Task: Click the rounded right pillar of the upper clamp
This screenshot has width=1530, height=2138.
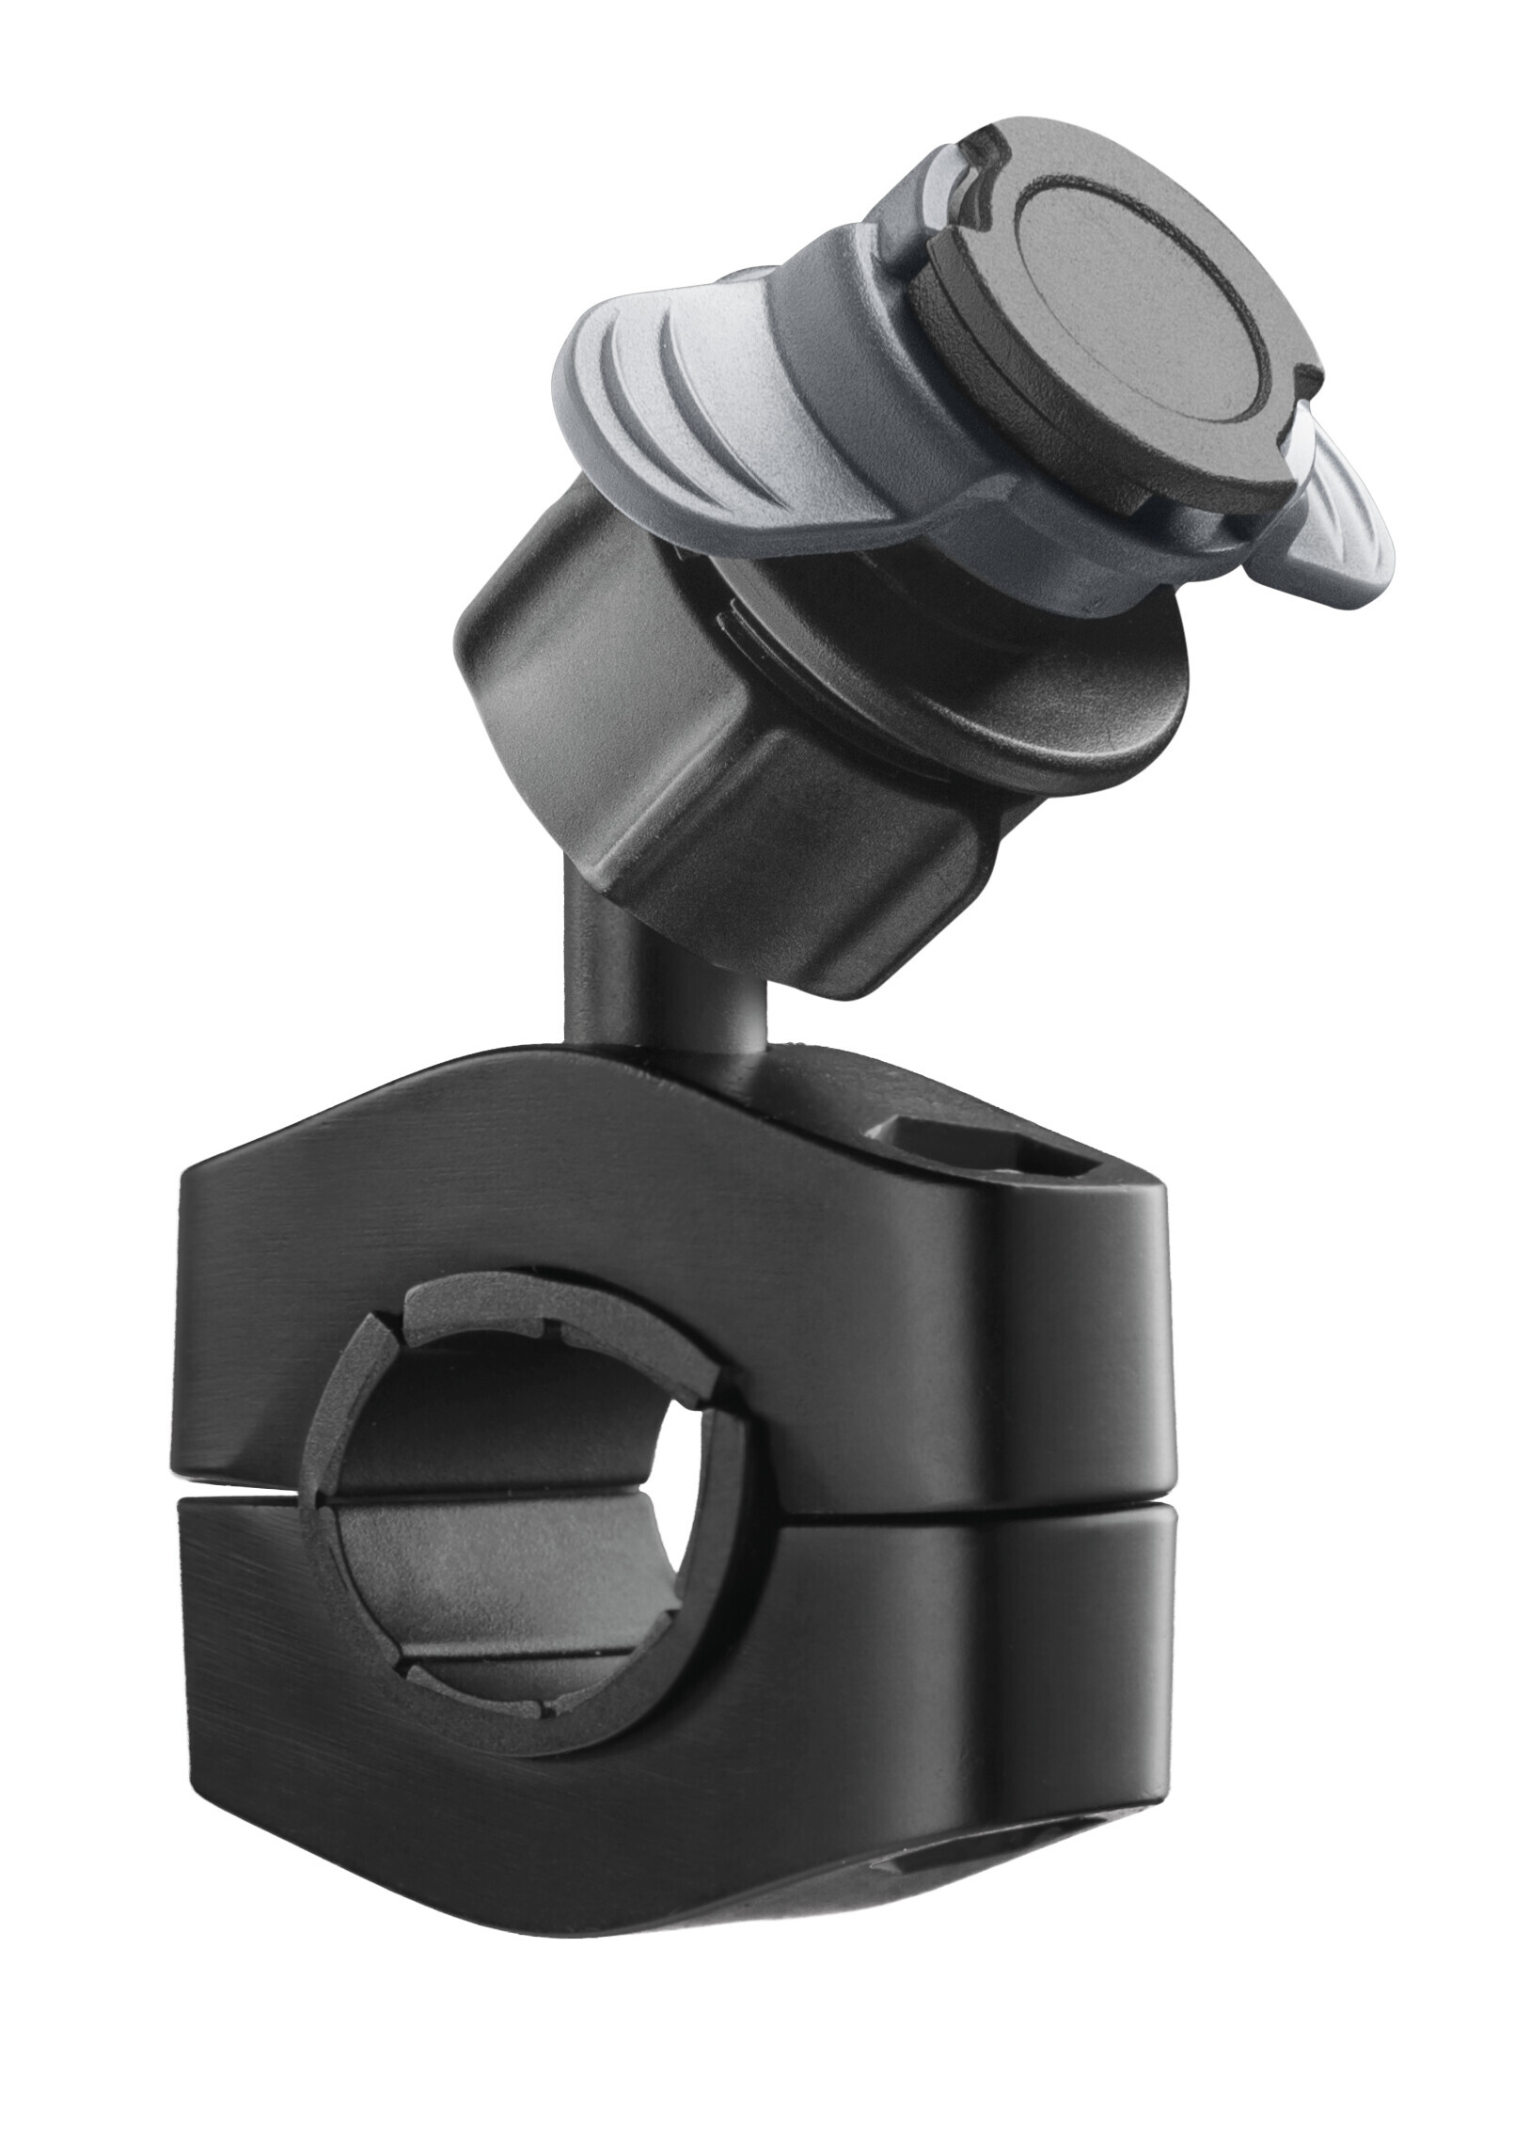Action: point(1083,1338)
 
